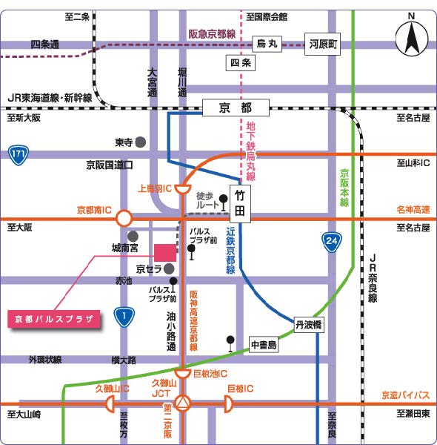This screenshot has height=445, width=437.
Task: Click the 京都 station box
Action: [236, 108]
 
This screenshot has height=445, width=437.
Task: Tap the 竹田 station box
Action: [240, 204]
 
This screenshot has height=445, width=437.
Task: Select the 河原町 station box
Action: [322, 44]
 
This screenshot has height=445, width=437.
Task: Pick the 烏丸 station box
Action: [267, 44]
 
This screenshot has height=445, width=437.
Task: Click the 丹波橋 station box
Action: [309, 325]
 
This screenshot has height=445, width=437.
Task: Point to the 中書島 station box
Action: [264, 345]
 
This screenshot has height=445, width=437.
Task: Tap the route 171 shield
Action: [19, 155]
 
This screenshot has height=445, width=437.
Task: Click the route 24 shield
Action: [332, 243]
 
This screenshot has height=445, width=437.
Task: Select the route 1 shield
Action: [124, 317]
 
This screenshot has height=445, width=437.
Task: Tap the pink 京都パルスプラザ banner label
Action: [54, 319]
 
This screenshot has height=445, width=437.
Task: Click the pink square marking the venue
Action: [165, 253]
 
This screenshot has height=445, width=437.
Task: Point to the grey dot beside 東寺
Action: [141, 142]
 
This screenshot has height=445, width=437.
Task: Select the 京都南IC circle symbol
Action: [124, 219]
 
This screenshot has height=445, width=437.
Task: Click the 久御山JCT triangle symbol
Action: [182, 403]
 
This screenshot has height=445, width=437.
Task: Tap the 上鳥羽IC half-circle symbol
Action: [183, 188]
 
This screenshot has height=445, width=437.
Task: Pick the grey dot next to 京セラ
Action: [169, 268]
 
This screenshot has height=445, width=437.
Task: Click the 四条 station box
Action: [241, 63]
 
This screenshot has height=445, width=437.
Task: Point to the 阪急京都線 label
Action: [212, 34]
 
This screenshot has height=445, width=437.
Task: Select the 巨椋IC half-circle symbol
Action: [228, 404]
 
